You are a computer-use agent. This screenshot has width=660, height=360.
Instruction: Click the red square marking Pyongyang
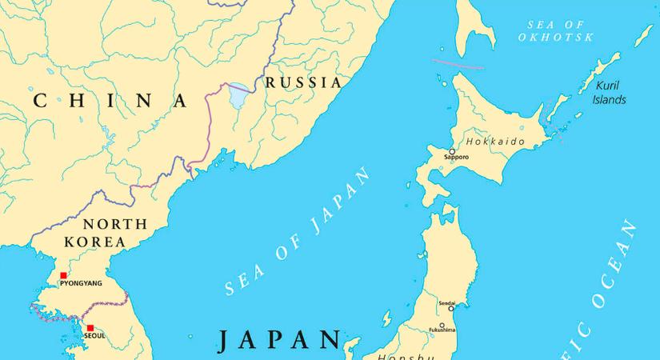[64, 275]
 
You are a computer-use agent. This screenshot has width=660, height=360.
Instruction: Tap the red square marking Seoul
[90, 327]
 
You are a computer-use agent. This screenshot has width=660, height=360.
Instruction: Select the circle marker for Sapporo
[451, 150]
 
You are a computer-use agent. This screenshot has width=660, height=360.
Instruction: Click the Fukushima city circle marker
[442, 325]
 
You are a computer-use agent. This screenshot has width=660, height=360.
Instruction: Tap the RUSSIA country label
[303, 82]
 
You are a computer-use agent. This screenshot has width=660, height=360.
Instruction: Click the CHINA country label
[111, 101]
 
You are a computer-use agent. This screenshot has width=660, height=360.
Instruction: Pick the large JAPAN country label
[279, 339]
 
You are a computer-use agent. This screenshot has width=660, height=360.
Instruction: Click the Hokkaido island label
[495, 142]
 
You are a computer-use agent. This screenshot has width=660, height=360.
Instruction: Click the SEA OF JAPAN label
[299, 232]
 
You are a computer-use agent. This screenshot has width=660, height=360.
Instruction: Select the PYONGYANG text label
[81, 284]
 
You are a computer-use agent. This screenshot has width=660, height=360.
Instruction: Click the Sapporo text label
[456, 158]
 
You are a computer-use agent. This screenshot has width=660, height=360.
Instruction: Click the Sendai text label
[446, 303]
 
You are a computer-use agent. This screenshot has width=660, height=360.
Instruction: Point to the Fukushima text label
[442, 330]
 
